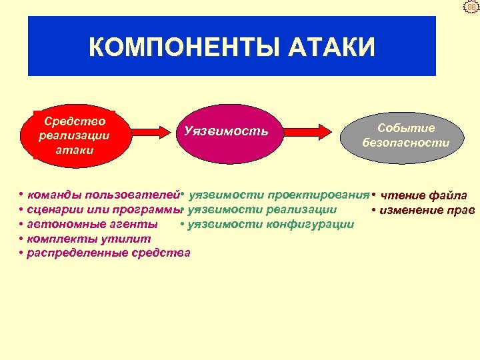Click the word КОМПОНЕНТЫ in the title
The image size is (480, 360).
tap(175, 47)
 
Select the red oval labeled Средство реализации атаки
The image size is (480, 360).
tap(75, 135)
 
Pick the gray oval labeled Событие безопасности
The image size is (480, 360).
tap(405, 135)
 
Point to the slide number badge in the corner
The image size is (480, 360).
tap(471, 7)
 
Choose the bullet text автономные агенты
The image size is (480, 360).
tap(92, 224)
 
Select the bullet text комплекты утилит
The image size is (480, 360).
tap(89, 238)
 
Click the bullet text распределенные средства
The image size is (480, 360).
tap(108, 253)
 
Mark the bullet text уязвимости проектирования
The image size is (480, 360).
tap(279, 195)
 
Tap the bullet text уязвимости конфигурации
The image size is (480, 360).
tap(271, 224)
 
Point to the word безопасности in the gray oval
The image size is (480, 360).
tap(405, 143)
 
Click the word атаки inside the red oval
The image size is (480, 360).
tap(75, 150)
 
